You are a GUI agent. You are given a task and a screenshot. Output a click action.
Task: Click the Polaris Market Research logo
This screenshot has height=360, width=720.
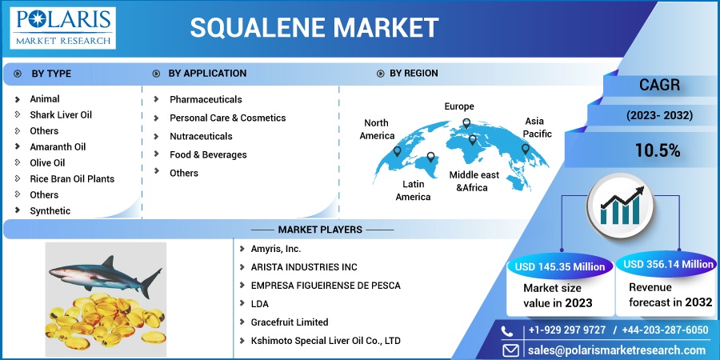coord(63,28)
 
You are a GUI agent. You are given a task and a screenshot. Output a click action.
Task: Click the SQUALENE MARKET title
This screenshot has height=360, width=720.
coord(314,27)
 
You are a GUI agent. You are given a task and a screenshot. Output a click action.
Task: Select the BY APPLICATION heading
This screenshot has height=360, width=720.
coord(207,74)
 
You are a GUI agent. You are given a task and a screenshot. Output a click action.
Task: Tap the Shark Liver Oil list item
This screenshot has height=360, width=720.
coord(61,114)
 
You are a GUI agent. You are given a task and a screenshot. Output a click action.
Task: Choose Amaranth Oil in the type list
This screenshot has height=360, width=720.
coord(58,147)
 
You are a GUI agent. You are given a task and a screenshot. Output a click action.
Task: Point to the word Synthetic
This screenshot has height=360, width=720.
coord(50,210)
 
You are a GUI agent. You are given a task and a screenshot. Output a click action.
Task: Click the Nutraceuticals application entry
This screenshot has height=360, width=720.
coord(201,136)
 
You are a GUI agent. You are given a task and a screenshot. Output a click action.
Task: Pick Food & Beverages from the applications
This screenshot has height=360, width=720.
coord(208,154)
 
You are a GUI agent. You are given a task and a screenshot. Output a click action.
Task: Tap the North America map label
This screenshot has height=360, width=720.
coord(377,129)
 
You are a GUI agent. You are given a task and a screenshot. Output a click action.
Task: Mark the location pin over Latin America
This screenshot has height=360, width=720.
coord(430,158)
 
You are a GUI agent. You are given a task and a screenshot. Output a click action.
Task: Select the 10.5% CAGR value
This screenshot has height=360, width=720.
coord(658,150)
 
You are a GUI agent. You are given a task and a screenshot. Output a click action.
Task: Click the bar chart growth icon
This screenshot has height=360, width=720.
coord(620,206)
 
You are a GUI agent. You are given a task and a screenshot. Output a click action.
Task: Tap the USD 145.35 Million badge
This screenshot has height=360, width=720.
coord(560,267)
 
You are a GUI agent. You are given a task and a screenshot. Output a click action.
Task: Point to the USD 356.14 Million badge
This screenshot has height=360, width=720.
coord(668,264)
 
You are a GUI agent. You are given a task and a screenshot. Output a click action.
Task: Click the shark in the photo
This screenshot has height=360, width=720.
coord(105,275)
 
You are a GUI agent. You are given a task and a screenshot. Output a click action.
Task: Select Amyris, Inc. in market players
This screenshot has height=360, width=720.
coord(276,249)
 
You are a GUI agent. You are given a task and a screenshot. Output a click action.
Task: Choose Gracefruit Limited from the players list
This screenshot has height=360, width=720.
coord(290,322)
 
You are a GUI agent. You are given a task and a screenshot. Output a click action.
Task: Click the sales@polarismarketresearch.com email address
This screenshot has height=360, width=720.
coord(616,350)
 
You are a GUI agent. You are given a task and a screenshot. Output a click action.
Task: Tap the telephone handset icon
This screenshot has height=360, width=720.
coord(507,331)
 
